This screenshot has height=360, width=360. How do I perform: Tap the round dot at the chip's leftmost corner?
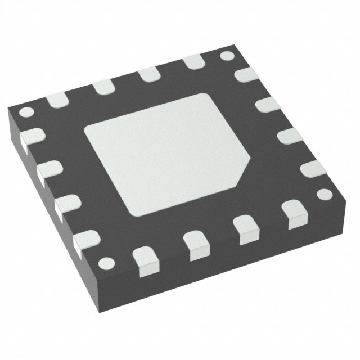[24, 111]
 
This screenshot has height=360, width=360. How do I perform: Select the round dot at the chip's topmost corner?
[226, 56]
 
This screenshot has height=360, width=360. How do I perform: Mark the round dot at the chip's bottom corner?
[105, 263]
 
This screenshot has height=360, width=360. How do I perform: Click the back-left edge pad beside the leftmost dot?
[57, 100]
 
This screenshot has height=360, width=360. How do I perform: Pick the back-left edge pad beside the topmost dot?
[192, 62]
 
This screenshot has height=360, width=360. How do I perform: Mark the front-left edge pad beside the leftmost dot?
[33, 137]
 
